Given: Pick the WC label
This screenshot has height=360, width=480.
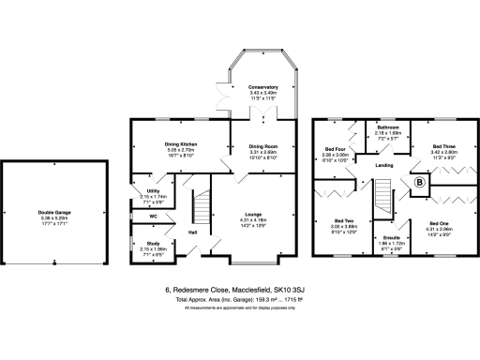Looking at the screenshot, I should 141,216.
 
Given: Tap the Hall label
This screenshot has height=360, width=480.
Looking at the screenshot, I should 192,232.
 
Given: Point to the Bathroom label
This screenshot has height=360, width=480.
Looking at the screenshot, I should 388,127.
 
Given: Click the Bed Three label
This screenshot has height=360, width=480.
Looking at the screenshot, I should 442,146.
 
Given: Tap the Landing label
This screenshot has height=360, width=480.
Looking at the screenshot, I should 384,166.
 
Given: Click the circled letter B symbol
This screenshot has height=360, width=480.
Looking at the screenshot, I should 419,186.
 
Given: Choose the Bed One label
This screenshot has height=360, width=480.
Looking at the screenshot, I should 439,222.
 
